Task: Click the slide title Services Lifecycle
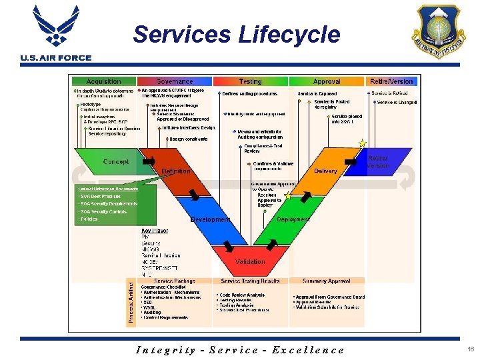(236, 34)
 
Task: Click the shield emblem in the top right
(439, 30)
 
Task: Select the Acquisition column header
(103, 81)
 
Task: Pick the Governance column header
(174, 81)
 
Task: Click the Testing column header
(250, 81)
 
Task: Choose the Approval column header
(327, 81)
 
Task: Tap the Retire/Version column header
(391, 81)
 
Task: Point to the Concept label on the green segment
(116, 161)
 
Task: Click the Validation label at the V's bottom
(250, 262)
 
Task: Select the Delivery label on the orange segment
(325, 171)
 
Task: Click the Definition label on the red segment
(176, 171)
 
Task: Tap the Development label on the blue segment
(211, 219)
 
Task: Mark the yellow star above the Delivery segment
(363, 143)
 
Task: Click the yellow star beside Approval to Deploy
(288, 196)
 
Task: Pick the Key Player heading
(155, 231)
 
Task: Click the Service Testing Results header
(250, 281)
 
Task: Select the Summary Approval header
(326, 281)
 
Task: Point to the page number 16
(471, 349)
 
